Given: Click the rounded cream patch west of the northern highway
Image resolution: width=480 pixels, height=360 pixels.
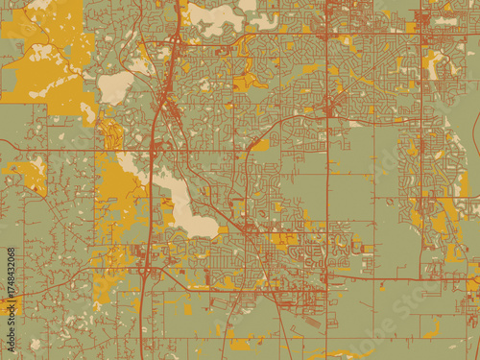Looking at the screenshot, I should [x=115, y=87].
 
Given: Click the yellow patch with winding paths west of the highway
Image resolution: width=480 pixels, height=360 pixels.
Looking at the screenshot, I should [x=111, y=134].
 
